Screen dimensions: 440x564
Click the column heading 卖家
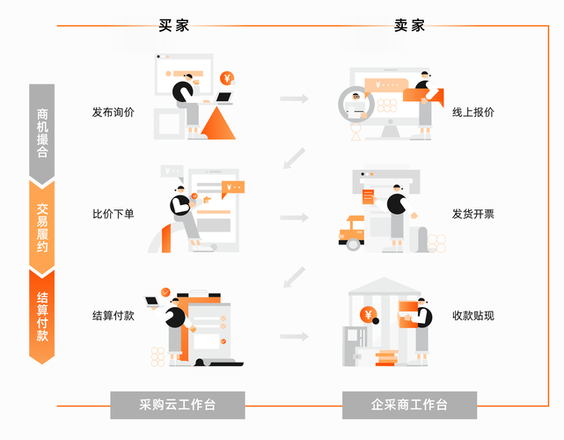tap(409, 26)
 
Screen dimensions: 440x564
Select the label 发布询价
tap(114, 113)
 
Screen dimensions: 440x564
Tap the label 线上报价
tap(472, 113)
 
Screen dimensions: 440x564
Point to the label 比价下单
tap(114, 214)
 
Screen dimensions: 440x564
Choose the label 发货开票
tap(472, 214)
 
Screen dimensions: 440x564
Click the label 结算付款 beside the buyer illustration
tap(114, 315)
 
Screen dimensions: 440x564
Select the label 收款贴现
tap(472, 315)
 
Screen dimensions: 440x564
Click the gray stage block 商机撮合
tap(41, 132)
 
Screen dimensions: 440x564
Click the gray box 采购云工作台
tap(178, 406)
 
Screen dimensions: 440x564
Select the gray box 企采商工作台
tap(409, 406)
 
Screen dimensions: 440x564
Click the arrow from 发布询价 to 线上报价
tap(294, 99)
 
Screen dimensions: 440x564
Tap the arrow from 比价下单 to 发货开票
tap(294, 216)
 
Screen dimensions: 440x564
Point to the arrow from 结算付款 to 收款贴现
tap(294, 336)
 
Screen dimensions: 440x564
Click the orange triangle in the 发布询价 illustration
tap(219, 123)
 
